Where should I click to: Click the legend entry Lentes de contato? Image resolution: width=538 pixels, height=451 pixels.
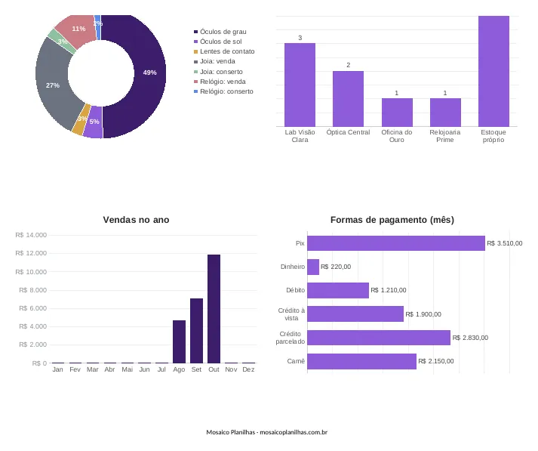point(224,51)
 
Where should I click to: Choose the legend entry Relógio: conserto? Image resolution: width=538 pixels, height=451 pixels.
point(223,91)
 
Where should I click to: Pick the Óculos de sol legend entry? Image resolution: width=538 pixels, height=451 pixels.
point(217,42)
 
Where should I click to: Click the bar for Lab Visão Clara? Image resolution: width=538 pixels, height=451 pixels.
point(300,85)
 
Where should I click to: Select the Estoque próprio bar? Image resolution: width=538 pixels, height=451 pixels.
point(493,71)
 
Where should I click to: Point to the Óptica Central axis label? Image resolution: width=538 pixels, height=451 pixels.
point(349,132)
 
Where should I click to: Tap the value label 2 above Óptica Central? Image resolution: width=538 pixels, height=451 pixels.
point(349,65)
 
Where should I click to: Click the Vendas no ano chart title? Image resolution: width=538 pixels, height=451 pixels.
point(137,220)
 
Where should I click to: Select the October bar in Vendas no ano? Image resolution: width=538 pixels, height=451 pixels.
point(214,309)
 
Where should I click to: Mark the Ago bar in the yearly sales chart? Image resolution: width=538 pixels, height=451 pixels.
point(179,341)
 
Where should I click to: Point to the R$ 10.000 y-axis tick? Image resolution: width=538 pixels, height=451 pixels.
point(31,272)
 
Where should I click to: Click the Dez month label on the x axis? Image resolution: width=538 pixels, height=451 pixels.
point(248,369)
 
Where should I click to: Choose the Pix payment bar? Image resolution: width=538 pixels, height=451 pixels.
point(396,243)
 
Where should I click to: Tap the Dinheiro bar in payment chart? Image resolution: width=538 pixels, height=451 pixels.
point(313,267)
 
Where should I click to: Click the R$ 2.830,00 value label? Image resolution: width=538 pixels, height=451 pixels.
point(470,338)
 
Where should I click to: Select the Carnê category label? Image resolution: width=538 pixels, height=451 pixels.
point(296,361)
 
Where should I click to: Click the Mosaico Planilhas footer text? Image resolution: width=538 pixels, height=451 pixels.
point(266,432)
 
